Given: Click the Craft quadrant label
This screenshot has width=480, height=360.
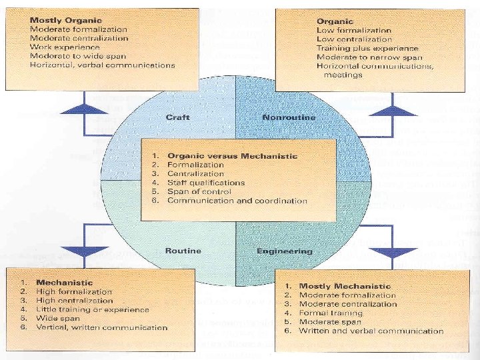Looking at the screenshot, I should tap(177, 117).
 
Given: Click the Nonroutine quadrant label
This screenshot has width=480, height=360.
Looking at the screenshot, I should tap(289, 117).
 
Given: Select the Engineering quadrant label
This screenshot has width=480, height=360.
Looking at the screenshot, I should tap(285, 251).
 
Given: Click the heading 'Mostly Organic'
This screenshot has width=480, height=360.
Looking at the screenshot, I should tap(61, 20).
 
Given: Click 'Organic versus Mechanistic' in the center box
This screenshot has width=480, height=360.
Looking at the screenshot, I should tap(232, 156).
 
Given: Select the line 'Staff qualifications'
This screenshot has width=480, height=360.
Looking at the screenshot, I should tap(206, 183).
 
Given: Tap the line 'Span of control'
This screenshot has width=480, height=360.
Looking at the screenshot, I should tap(197, 191).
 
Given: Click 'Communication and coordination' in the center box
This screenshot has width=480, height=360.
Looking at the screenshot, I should tap(237, 201).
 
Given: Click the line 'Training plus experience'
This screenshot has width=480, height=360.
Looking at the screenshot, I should tap(367, 48).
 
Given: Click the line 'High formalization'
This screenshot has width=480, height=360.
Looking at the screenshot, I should tap(74, 291).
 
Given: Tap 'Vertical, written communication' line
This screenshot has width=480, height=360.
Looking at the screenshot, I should tap(101, 327).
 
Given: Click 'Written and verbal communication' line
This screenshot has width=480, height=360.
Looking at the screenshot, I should tap(371, 331).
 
